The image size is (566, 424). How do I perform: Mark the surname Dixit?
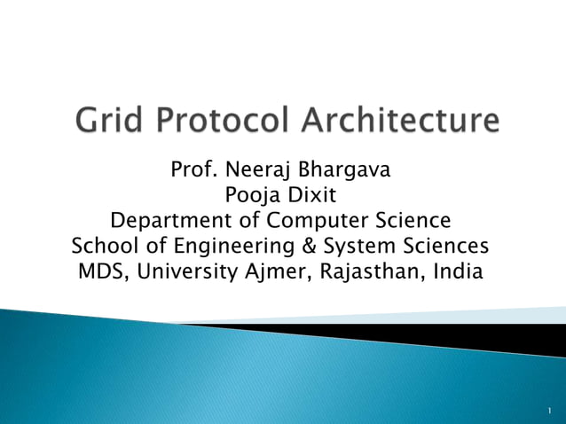tap(313, 194)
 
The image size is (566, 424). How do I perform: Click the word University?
tap(193, 271)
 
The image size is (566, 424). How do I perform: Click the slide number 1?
tap(550, 412)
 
